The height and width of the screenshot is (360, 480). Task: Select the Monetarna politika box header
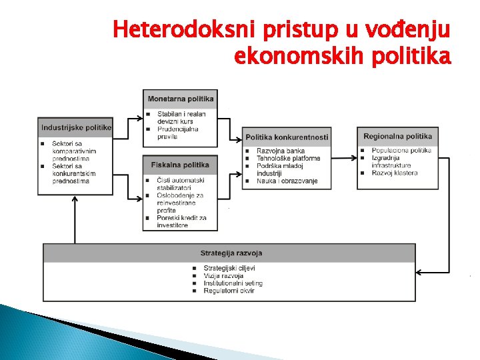click(181, 99)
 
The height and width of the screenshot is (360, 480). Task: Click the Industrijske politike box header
click(75, 127)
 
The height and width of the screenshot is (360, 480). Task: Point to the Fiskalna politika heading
click(180, 165)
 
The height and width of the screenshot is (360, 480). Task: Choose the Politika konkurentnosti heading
click(287, 137)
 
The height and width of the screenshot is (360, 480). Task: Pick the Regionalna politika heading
click(397, 136)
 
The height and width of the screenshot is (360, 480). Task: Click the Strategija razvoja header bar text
click(231, 253)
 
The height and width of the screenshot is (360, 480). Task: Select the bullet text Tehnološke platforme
click(288, 159)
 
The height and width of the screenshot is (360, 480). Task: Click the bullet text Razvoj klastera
click(395, 173)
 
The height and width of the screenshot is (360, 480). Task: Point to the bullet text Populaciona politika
click(401, 151)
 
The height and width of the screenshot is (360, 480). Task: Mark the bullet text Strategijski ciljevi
click(229, 268)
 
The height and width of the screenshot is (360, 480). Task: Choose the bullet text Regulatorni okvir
click(230, 291)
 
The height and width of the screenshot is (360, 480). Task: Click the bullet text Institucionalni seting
click(233, 283)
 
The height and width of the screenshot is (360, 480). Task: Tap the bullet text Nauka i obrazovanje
click(287, 181)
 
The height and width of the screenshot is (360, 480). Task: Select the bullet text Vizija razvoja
click(223, 275)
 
